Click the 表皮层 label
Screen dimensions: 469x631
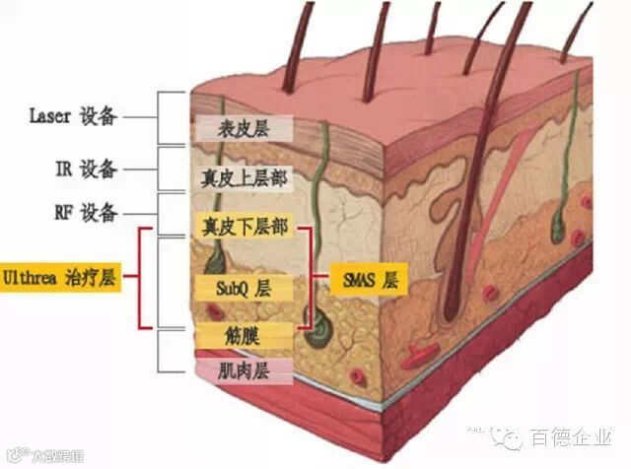coord(244,128)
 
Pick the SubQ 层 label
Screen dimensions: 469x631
coord(244,289)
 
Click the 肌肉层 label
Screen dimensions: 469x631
coord(244,371)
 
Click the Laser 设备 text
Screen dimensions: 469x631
coord(73,117)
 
